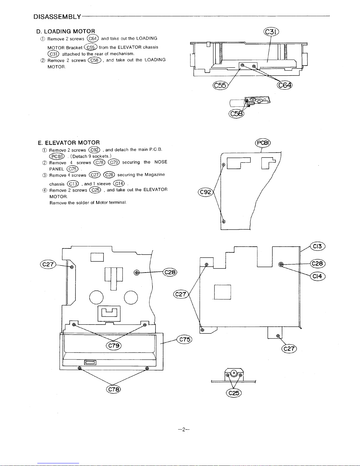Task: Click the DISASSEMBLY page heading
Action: (57, 17)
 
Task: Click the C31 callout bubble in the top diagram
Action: (271, 32)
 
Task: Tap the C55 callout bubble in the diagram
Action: (220, 85)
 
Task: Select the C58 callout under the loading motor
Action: (236, 114)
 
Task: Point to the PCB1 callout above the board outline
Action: (263, 143)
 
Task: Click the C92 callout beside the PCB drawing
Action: (206, 192)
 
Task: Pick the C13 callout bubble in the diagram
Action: (318, 246)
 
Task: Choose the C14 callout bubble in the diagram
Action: (318, 276)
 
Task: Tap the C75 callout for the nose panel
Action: (185, 340)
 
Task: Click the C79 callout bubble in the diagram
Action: (113, 345)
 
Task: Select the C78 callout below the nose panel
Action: (113, 389)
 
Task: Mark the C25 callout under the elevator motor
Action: (234, 393)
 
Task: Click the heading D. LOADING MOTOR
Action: (66, 31)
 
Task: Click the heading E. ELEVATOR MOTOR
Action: (69, 143)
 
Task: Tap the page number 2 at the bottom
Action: (184, 429)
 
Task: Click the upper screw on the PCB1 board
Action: (224, 165)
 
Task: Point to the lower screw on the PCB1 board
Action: (224, 221)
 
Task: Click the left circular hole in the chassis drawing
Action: (96, 298)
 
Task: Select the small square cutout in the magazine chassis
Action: (222, 292)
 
